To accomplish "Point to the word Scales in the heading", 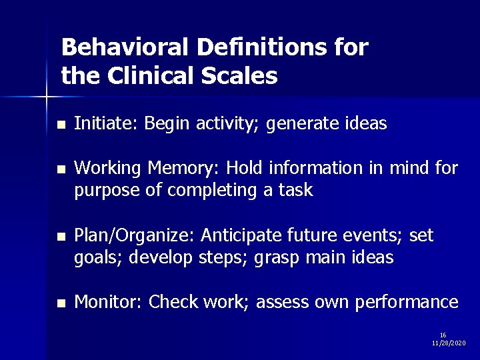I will pyautogui.click(x=244, y=76).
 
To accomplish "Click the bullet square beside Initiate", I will pyautogui.click(x=61, y=125).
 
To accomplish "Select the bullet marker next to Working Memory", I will pyautogui.click(x=61, y=171).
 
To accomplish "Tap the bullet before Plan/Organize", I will pyautogui.click(x=61, y=237).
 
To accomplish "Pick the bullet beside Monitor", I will pyautogui.click(x=61, y=303).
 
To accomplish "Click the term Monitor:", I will pyautogui.click(x=109, y=303).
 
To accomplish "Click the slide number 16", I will pyautogui.click(x=443, y=335).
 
